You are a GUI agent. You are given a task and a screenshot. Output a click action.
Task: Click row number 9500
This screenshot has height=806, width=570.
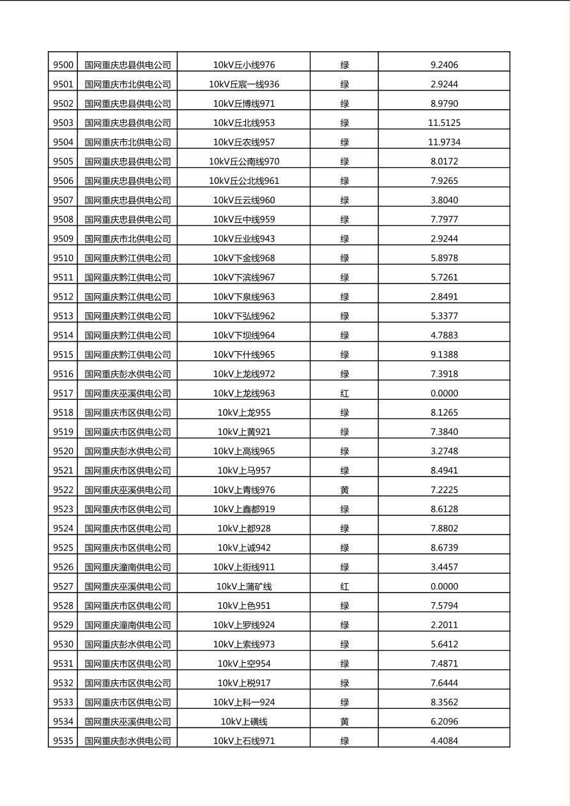(63, 65)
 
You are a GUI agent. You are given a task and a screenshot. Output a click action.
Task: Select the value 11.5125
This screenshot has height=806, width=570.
(444, 123)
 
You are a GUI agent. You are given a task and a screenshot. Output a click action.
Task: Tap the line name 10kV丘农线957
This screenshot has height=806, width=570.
(244, 142)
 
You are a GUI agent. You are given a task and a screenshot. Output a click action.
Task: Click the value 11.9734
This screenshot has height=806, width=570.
(444, 142)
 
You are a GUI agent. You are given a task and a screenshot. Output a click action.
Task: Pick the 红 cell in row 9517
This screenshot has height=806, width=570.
(344, 393)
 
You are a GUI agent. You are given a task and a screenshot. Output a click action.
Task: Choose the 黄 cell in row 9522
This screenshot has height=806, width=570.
(344, 490)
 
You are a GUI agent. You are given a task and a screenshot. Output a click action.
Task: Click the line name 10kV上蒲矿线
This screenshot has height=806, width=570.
(244, 586)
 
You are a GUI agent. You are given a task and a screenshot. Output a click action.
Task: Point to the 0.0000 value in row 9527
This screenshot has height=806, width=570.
(444, 586)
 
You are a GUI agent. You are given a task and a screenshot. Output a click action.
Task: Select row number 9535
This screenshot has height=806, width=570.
(63, 741)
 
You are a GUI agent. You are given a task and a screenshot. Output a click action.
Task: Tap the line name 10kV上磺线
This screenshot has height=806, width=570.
(244, 722)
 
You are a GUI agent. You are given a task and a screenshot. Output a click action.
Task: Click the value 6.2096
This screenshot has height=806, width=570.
(444, 722)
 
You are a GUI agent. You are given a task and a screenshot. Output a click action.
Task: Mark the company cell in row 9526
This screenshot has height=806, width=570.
(128, 567)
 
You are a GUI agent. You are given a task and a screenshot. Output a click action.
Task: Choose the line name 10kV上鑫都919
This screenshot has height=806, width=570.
(244, 509)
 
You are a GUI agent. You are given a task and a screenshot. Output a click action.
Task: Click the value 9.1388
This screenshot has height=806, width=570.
(444, 354)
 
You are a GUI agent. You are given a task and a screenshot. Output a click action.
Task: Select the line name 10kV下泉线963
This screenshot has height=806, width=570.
(244, 296)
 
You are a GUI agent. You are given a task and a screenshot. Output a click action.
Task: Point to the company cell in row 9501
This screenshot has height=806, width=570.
(128, 84)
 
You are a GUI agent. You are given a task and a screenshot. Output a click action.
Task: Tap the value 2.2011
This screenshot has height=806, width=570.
(444, 625)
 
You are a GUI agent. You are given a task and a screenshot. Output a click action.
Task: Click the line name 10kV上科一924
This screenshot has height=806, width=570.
(244, 702)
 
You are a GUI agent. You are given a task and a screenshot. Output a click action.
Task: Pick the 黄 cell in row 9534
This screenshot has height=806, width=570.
(344, 722)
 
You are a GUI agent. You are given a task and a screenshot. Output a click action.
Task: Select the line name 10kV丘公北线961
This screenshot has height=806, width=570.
(244, 181)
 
